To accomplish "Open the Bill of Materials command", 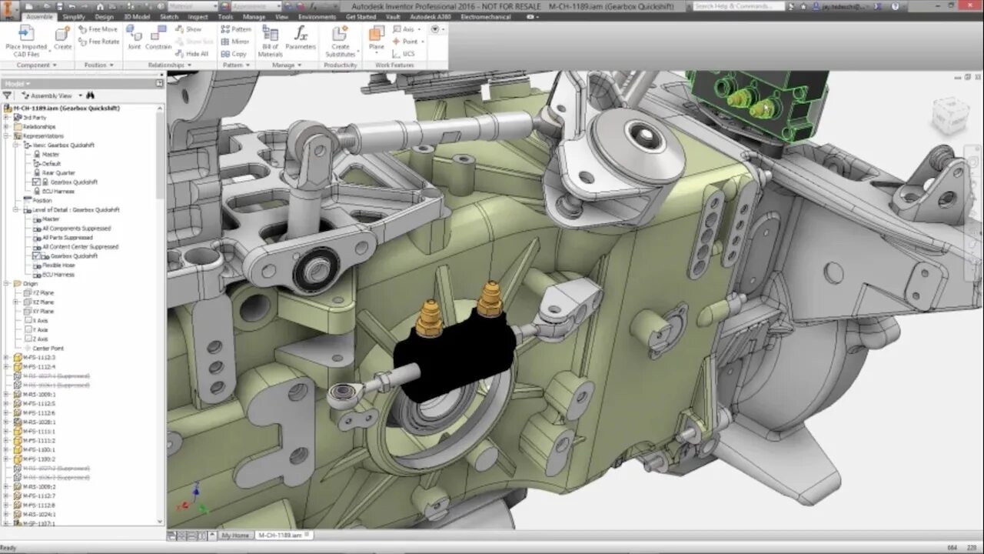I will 270,41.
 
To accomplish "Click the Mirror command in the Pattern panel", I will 235,42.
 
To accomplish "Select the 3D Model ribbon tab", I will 137,16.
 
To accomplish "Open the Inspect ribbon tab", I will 198,16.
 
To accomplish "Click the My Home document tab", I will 235,535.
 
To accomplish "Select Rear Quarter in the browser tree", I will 58,173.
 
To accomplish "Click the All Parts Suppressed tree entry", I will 67,238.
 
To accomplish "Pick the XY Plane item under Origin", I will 43,312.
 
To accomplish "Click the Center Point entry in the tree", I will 48,349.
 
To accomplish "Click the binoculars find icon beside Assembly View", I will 90,95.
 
